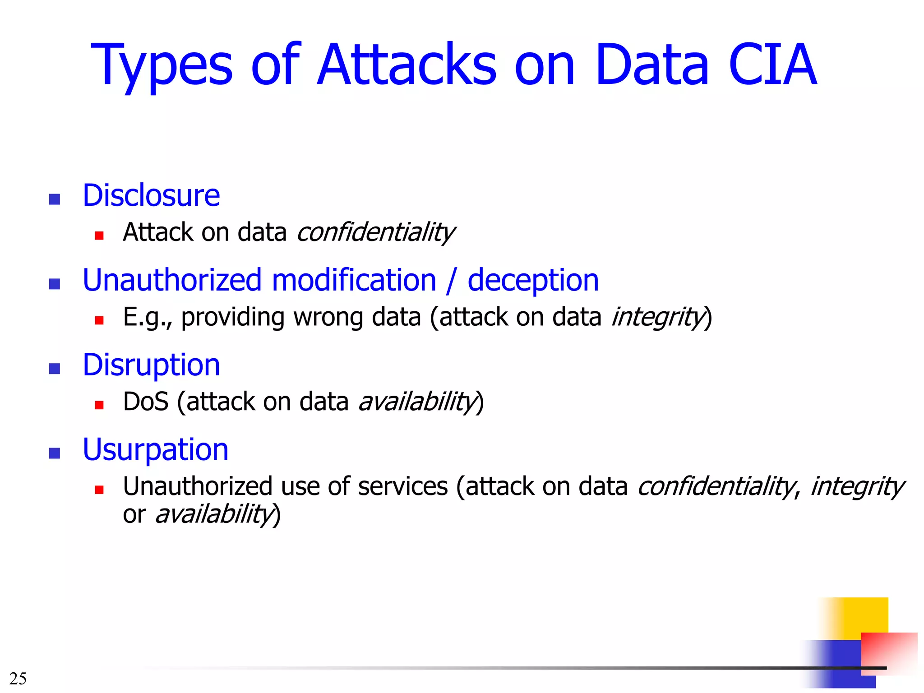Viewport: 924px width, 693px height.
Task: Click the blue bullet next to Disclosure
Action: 55,199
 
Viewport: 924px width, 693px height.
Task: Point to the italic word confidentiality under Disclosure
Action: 375,232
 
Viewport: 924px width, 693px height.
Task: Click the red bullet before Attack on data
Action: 99,235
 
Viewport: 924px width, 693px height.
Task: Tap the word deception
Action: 533,281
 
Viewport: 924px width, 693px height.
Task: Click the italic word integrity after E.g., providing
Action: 657,317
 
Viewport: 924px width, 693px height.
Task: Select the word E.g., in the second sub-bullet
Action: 147,317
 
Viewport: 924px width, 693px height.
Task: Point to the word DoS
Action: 145,402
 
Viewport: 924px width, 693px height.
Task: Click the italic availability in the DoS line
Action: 417,402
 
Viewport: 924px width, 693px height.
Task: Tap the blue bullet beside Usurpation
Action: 55,453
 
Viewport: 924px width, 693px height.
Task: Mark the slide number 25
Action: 18,679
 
